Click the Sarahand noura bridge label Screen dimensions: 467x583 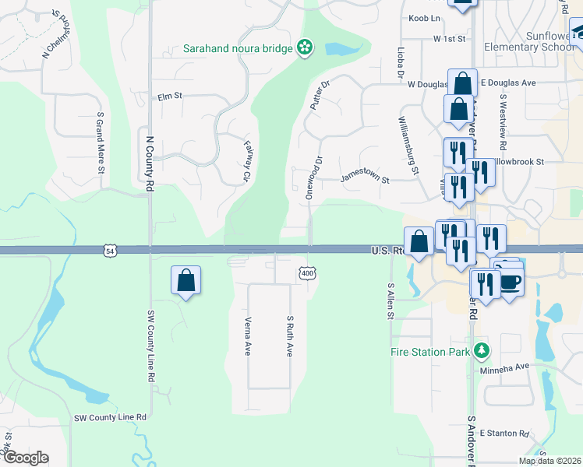point(238,48)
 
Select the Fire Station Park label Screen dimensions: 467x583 point(431,352)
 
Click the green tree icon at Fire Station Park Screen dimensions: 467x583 point(482,351)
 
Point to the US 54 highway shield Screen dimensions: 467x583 point(109,251)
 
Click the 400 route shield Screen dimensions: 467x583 point(308,273)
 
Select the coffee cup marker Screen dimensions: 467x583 point(511,281)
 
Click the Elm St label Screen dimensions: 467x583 point(169,97)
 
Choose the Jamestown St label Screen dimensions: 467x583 point(364,179)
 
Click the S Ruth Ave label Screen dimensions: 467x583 point(289,336)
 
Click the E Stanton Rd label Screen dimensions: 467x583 point(504,433)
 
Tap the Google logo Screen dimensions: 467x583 point(26,458)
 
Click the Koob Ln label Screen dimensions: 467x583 point(425,18)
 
